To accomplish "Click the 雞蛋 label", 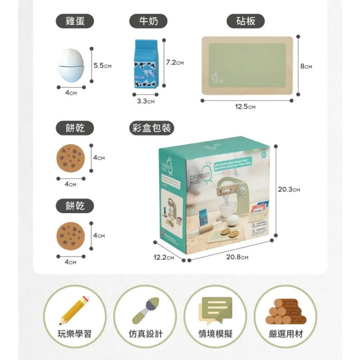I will [x=74, y=21].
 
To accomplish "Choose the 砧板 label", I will [x=245, y=21].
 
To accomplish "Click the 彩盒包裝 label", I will [x=150, y=128].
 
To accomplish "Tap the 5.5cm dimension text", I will [x=103, y=66].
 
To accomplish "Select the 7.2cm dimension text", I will [x=175, y=62].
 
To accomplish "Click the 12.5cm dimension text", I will [x=245, y=107].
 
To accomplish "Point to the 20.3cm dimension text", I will [x=289, y=190].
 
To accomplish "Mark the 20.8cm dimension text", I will [x=237, y=257].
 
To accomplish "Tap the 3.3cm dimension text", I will [x=146, y=101].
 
